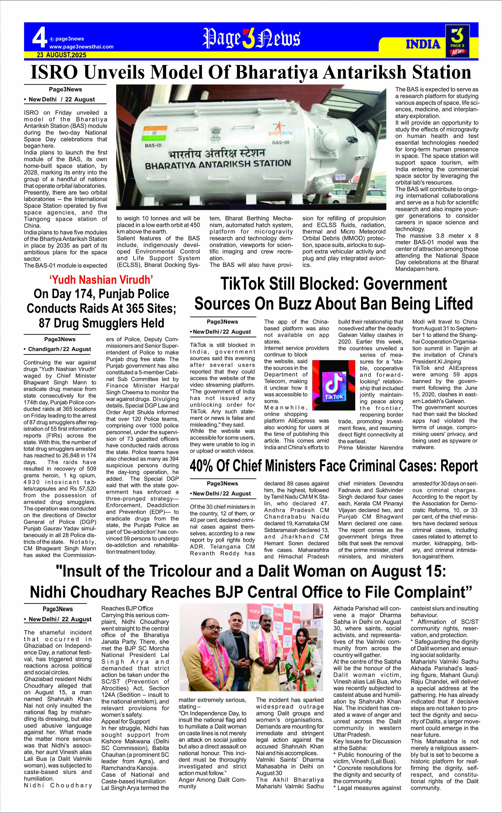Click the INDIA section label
coord(423,44)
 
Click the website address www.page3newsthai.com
coord(81,47)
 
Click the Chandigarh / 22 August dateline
coord(57,349)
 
